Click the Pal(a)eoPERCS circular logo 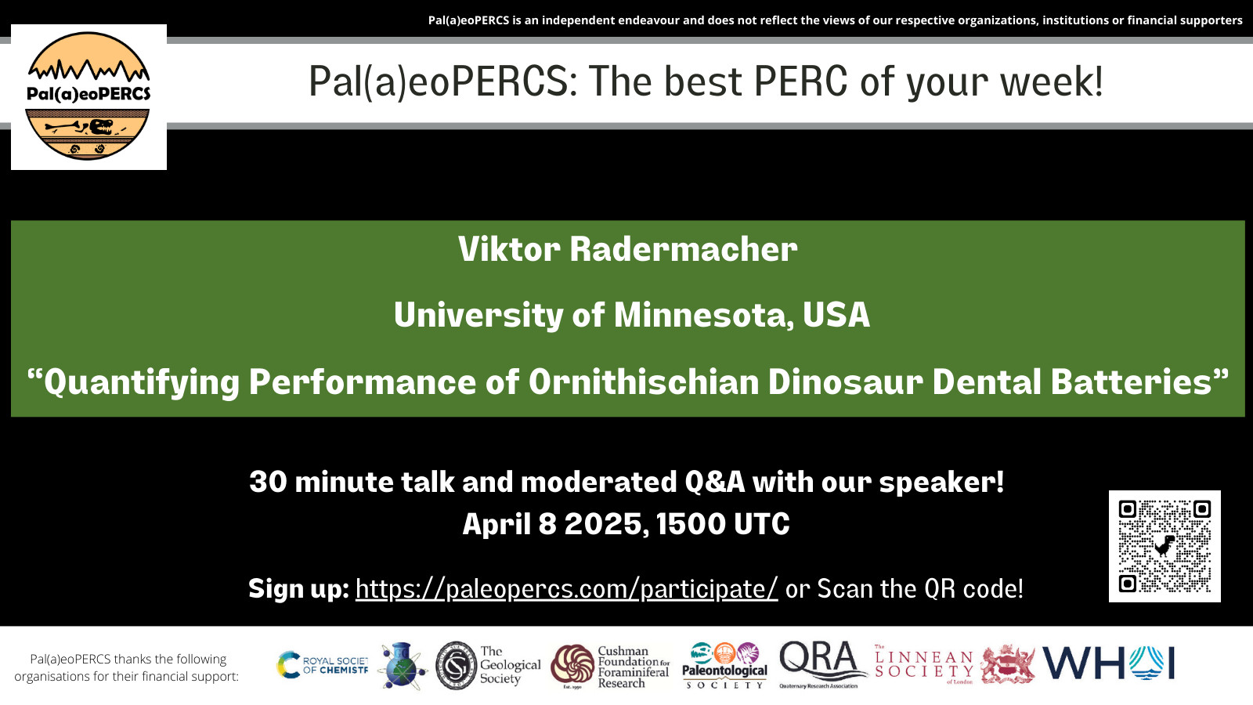click(x=88, y=96)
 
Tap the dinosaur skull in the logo click(x=101, y=127)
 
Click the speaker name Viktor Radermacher click(x=627, y=249)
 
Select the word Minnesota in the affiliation click(x=703, y=314)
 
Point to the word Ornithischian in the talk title click(x=643, y=381)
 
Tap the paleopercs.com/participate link click(x=567, y=588)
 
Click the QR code click(x=1165, y=546)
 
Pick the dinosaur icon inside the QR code click(x=1165, y=546)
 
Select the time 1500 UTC click(x=723, y=524)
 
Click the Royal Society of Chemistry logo click(x=323, y=665)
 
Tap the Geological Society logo click(x=489, y=665)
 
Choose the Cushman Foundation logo click(x=610, y=666)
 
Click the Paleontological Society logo click(x=724, y=665)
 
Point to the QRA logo click(x=822, y=664)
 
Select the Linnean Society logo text click(x=924, y=664)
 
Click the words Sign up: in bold click(x=298, y=588)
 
